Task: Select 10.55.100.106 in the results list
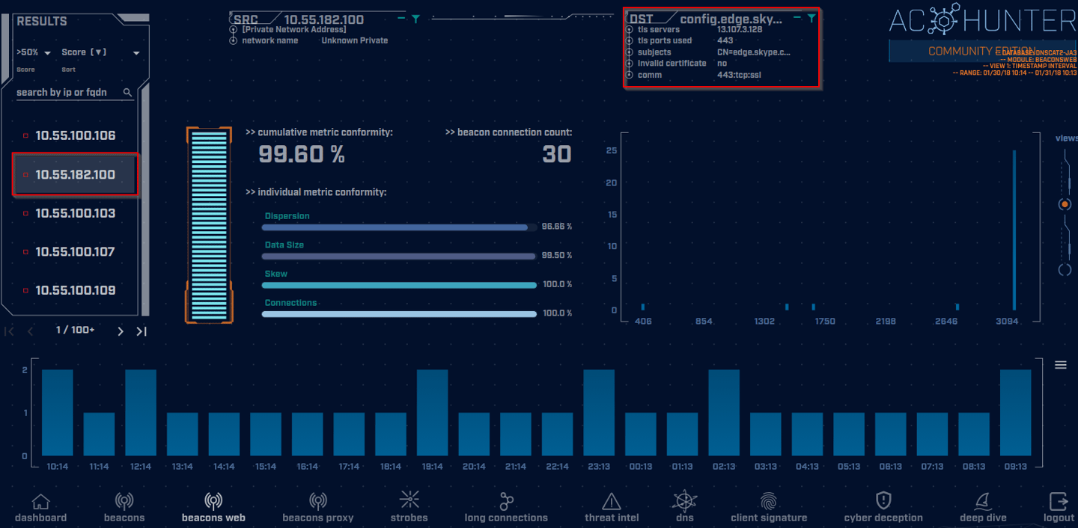(75, 135)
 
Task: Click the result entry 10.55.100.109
(75, 290)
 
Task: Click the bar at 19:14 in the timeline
(432, 413)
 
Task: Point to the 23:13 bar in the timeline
(599, 413)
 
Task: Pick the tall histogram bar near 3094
(1014, 230)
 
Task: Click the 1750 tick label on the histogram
(825, 322)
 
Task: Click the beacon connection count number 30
(557, 154)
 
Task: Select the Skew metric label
(276, 274)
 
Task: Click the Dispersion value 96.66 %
(556, 226)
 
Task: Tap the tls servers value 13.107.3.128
(739, 30)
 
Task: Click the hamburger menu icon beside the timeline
(1060, 365)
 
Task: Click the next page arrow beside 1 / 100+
(121, 331)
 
